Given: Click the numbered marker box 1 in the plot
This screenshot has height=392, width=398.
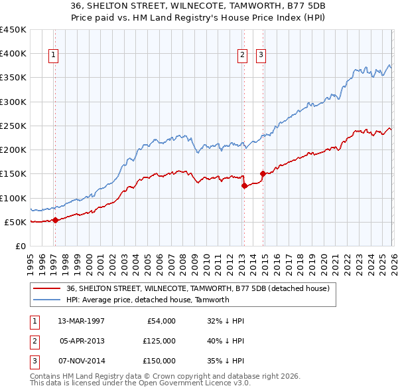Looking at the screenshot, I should pos(53,55).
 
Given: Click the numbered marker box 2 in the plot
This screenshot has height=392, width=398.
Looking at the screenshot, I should pos(243,55).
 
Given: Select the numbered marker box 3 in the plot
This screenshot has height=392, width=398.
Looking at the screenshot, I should pos(261,55).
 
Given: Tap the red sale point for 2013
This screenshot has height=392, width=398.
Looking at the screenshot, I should pos(244,186).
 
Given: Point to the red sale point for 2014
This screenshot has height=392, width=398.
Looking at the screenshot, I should pos(263,174).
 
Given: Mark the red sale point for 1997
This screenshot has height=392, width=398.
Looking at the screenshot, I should pos(55,220).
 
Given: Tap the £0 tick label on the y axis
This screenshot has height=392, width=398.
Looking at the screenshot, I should pos(20,246).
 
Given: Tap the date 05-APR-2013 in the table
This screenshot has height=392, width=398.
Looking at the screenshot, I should pos(82,341).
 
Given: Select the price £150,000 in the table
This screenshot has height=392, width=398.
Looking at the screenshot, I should pos(159,361).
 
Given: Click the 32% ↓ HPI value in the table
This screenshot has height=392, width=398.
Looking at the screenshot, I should pos(226,321).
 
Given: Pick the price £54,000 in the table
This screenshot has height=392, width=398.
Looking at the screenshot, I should pos(161,321).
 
